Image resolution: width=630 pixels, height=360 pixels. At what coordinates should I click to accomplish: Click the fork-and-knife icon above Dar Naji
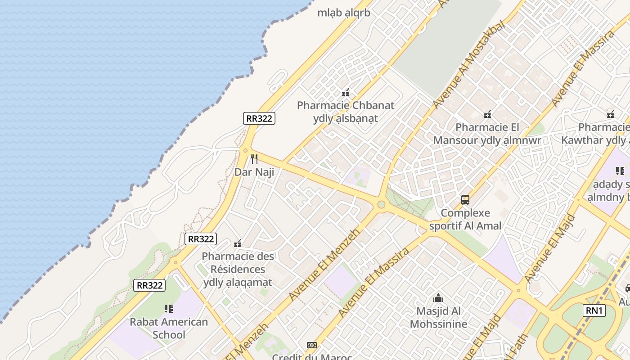coord(254,158)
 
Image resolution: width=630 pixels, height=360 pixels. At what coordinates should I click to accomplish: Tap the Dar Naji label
coord(254,172)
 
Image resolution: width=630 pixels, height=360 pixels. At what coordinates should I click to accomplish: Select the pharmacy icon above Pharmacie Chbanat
coord(346,93)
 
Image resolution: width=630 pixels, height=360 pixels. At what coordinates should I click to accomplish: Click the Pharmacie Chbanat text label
coord(346,105)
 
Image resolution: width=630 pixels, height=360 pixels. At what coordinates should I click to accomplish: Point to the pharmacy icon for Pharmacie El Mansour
coord(487,114)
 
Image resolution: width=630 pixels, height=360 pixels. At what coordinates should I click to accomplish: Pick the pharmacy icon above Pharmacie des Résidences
coord(238,243)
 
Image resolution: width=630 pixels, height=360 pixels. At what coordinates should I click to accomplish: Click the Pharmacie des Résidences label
coord(238,269)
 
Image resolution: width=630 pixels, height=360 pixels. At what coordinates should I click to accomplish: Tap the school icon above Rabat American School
coord(169,309)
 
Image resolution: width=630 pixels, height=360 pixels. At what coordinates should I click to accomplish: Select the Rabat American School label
coord(169,328)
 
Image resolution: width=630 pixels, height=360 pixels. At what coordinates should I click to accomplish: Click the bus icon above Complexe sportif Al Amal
coord(465,199)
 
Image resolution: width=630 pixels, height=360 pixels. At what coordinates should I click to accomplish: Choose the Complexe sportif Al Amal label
coord(465,219)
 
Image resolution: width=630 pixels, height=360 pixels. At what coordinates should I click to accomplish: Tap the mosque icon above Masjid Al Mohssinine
coord(438,298)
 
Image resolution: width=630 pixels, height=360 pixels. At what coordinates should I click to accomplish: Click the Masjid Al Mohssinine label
coord(438,317)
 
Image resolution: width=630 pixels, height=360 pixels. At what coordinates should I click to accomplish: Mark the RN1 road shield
coord(594,310)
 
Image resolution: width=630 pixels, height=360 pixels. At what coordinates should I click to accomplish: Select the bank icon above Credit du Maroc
coord(312,345)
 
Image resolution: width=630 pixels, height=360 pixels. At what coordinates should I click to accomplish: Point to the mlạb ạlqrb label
coord(344,13)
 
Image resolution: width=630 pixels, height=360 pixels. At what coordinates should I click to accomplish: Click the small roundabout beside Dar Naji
coord(245,151)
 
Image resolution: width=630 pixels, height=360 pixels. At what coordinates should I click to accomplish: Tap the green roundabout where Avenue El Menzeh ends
coord(381,205)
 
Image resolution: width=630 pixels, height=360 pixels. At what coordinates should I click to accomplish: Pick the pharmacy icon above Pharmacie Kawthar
coord(610,114)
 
